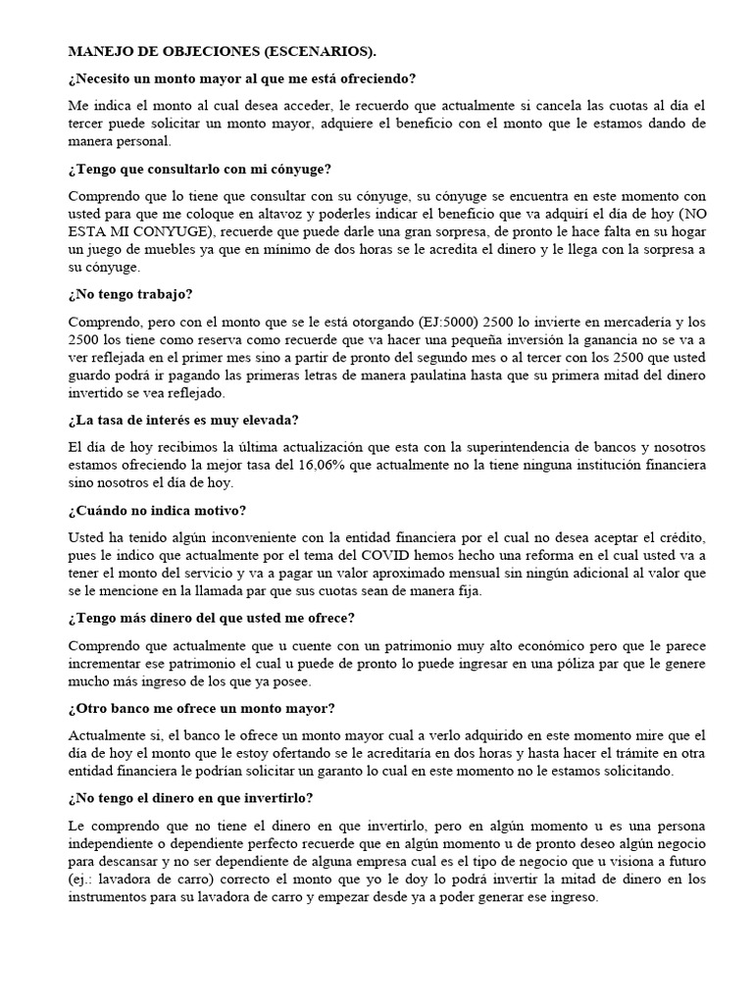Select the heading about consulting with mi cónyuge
199,170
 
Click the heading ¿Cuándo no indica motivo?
158,510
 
